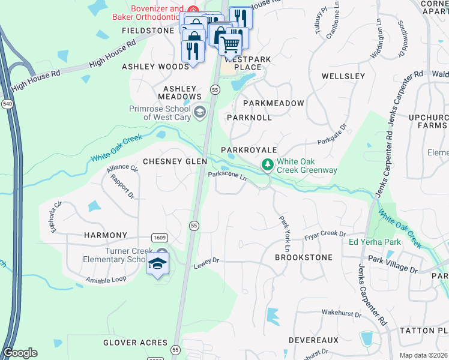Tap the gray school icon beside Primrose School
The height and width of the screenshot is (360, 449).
(199, 111)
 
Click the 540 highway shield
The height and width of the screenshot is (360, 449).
(7, 103)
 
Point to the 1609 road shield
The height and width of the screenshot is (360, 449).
(159, 238)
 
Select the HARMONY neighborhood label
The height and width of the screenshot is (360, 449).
(106, 235)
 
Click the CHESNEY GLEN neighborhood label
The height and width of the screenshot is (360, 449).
(175, 161)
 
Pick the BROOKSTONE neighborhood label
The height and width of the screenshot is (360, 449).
(303, 257)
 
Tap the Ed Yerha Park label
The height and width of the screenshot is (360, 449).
(375, 242)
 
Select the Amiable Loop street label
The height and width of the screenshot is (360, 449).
(106, 280)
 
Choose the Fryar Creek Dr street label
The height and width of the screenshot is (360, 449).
(325, 234)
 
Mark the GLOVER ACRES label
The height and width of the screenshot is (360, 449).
(135, 343)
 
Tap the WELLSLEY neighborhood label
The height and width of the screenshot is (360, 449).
(343, 76)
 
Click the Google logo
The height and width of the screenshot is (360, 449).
(20, 353)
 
